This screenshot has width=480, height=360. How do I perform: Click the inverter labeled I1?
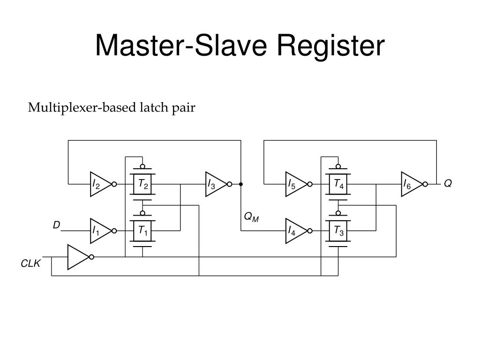click(x=99, y=231)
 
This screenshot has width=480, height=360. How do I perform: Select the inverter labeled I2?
click(x=99, y=184)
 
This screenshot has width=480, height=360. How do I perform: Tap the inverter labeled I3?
click(x=215, y=184)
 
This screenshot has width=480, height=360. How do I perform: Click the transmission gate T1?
click(x=142, y=231)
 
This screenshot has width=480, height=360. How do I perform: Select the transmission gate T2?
click(x=142, y=184)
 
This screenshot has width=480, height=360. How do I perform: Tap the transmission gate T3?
click(x=338, y=231)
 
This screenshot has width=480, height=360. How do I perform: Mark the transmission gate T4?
click(x=338, y=184)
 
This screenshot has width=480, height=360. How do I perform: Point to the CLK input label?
click(x=30, y=264)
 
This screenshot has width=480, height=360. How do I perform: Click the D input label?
click(x=56, y=225)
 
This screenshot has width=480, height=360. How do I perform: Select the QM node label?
click(x=251, y=217)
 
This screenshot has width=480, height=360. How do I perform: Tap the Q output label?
click(x=448, y=184)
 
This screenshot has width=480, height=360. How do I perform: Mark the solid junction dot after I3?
click(x=241, y=184)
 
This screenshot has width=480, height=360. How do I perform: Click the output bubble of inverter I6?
click(x=425, y=184)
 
